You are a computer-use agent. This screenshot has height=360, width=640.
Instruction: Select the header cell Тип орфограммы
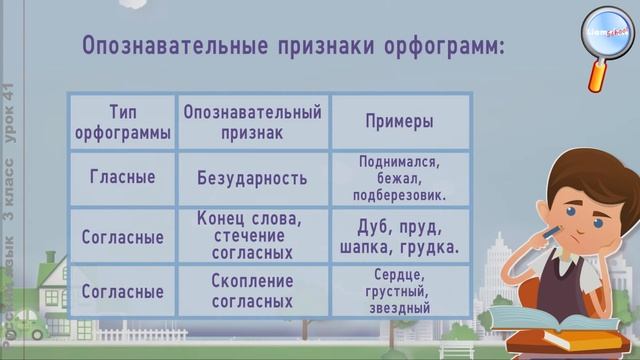(x=121, y=121)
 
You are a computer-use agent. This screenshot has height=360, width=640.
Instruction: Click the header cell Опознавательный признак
(x=253, y=121)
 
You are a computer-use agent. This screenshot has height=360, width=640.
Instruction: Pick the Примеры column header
(x=399, y=121)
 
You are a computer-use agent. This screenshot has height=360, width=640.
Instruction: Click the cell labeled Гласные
(x=121, y=178)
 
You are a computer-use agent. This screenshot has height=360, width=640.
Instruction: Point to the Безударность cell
(x=253, y=178)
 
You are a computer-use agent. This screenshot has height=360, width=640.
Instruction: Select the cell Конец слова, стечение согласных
(x=253, y=235)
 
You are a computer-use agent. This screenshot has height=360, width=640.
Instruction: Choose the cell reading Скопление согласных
(x=253, y=291)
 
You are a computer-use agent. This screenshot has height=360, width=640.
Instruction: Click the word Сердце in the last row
(x=399, y=274)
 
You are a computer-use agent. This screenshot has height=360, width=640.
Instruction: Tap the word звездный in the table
(x=399, y=309)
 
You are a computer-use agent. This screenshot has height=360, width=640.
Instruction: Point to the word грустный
(x=399, y=291)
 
